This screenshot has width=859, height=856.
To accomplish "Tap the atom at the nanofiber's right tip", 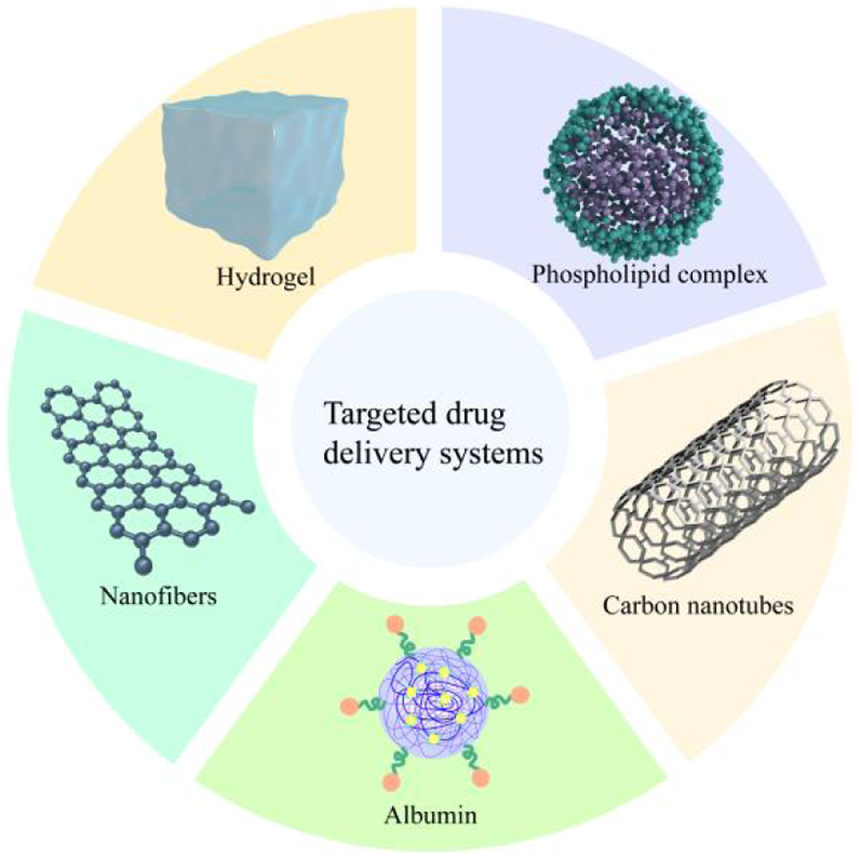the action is pyautogui.click(x=247, y=505).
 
